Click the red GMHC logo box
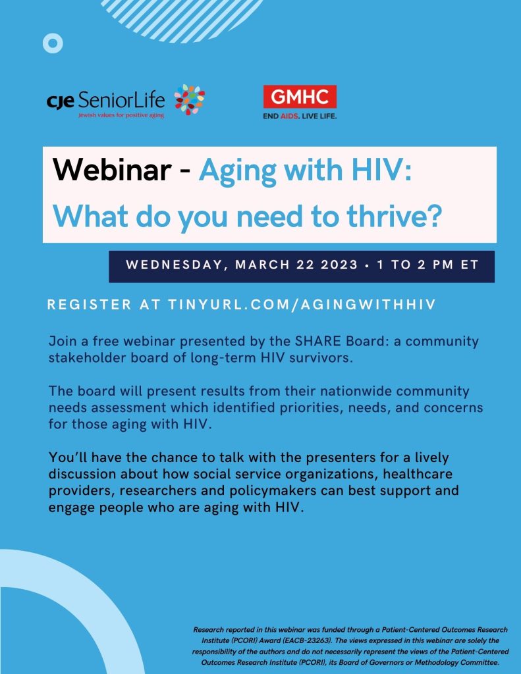click(300, 97)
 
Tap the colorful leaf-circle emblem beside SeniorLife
click(190, 100)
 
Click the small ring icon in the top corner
click(53, 43)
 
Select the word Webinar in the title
click(112, 170)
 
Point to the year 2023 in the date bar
click(339, 265)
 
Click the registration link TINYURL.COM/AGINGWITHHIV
click(302, 304)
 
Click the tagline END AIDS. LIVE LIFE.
click(300, 116)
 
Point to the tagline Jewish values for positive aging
click(121, 115)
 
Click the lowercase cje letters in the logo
click(60, 101)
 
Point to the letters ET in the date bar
click(470, 265)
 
